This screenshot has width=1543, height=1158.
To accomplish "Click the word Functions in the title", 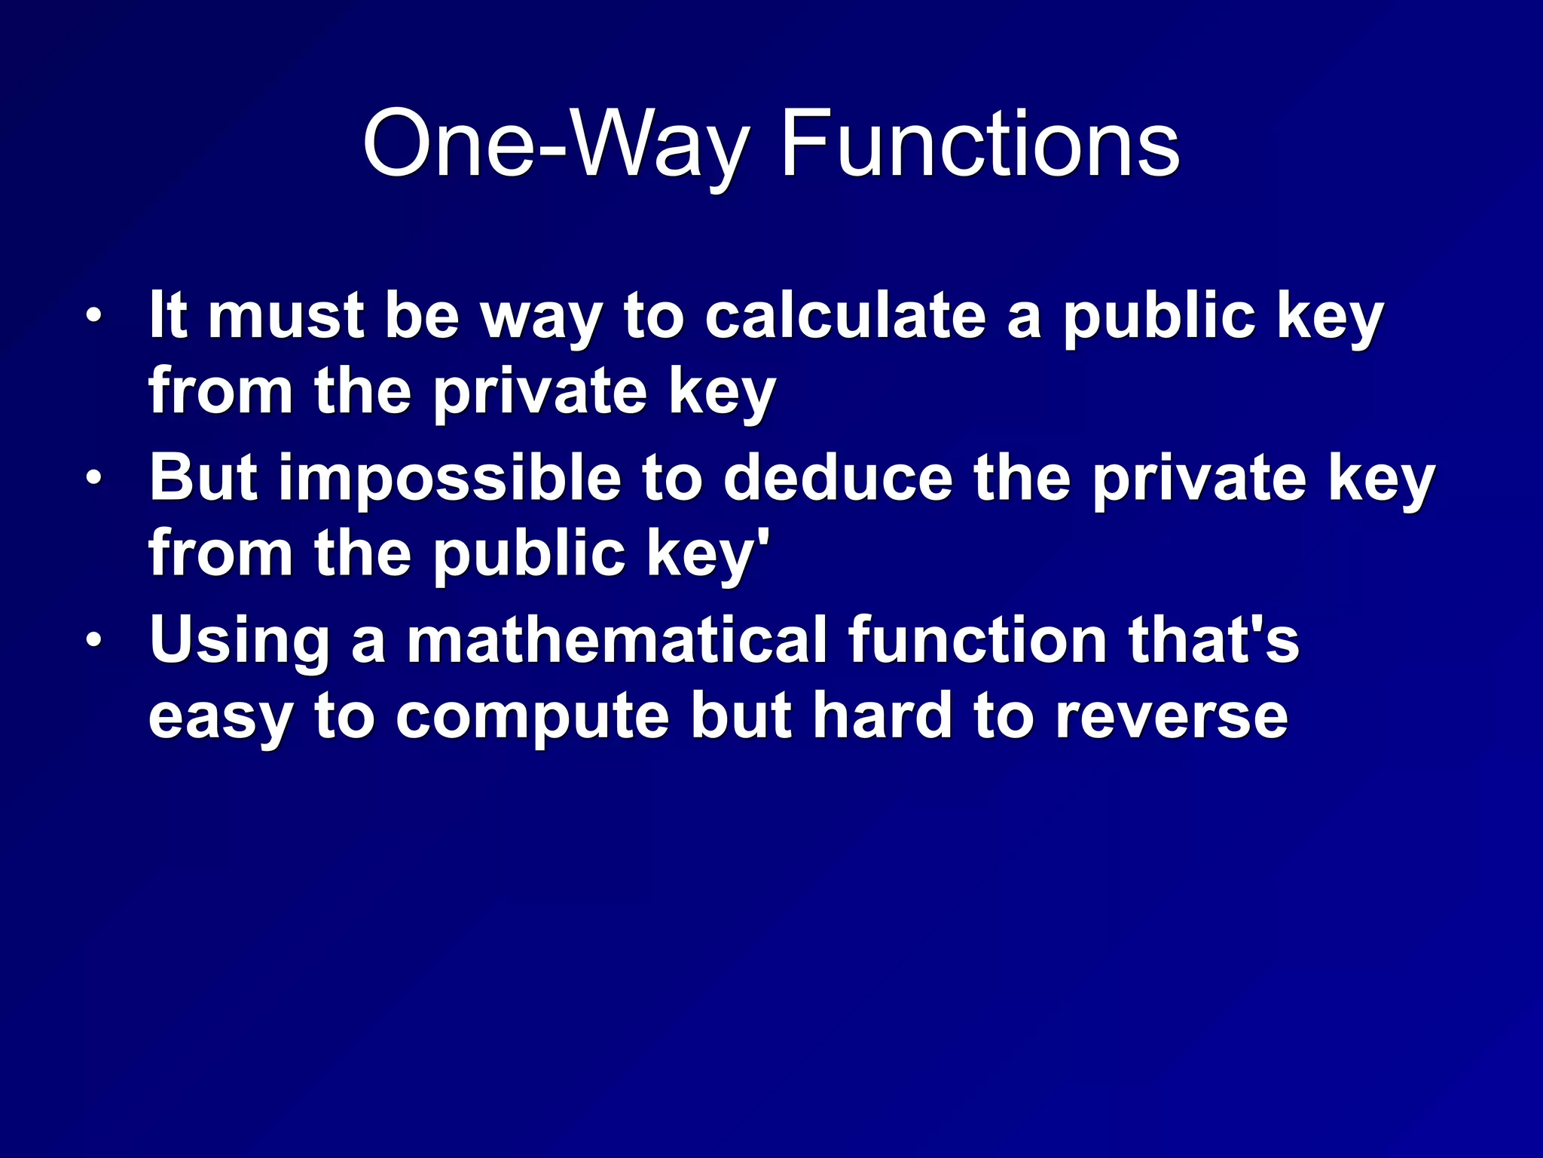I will click(979, 143).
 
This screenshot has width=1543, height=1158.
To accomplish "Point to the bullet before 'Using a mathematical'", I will click(93, 640).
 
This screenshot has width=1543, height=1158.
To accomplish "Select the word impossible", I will click(450, 479).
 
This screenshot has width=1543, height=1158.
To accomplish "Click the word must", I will click(286, 317).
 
